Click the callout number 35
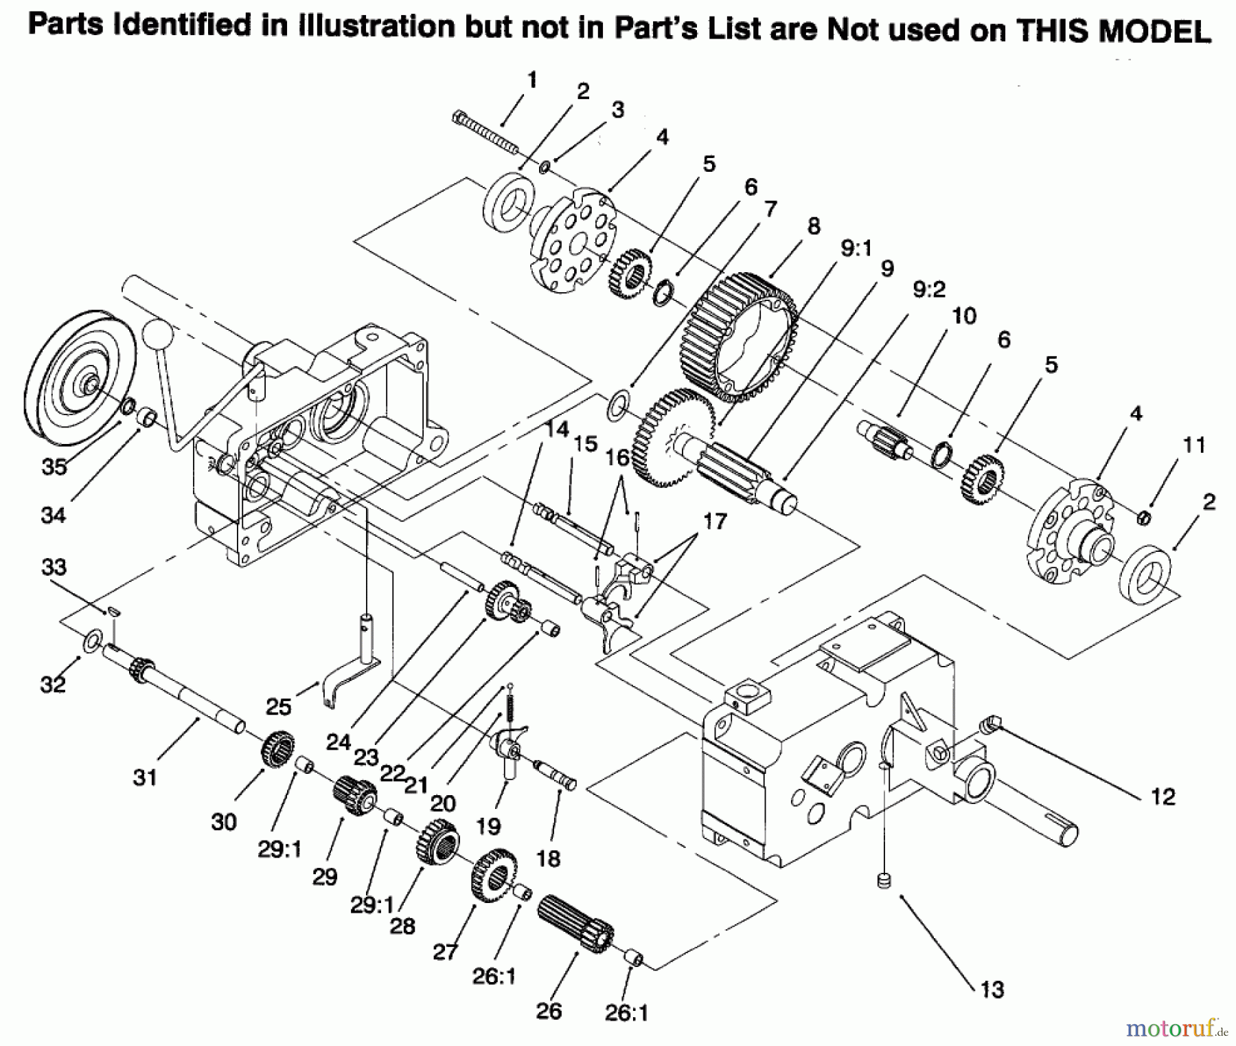(x=54, y=467)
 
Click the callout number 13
(x=992, y=990)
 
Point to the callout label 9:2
(x=928, y=289)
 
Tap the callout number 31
(x=145, y=777)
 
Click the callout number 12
(x=1163, y=797)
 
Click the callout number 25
(x=278, y=706)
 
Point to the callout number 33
(x=54, y=567)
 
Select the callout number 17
(x=714, y=522)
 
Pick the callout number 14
(x=557, y=430)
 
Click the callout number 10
(x=964, y=316)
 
